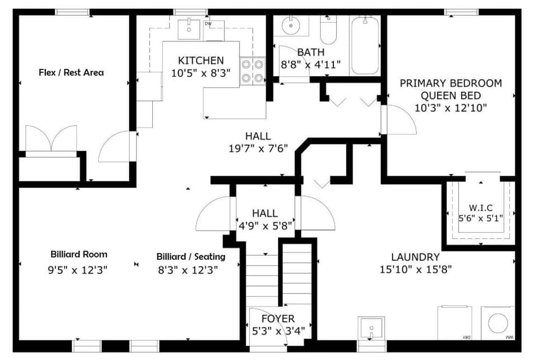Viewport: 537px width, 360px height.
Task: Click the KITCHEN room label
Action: point(201,60)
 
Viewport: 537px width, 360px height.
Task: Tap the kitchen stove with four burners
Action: point(252,71)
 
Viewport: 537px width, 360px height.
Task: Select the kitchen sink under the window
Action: point(190,29)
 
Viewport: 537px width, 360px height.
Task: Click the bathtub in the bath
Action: point(365,45)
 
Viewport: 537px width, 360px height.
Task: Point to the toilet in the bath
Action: point(328,31)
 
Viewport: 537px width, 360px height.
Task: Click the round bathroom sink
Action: point(290,26)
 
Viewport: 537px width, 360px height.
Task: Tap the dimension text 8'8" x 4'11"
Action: point(310,64)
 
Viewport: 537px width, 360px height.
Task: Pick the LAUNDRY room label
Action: point(415,257)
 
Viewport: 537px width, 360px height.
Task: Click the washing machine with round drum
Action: point(497,323)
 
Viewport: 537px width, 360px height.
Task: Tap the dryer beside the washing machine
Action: point(454,323)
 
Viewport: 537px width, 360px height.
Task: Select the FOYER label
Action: point(278,319)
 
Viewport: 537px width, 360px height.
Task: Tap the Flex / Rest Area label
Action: point(71,72)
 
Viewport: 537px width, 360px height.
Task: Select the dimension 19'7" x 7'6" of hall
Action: point(258,148)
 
